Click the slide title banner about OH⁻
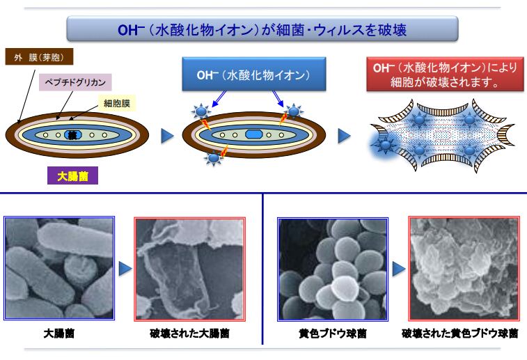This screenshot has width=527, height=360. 262,29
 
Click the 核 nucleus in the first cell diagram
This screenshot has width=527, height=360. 72,134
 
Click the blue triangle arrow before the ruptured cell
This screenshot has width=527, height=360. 344,134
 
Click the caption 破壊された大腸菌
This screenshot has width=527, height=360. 190,334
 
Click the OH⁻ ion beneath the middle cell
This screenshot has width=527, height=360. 214,158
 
